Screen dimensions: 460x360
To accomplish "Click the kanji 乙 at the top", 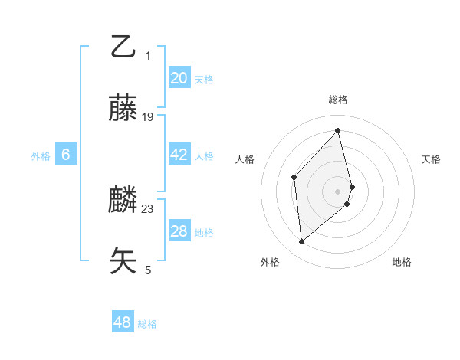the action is point(123,47).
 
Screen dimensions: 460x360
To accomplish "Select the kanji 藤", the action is point(123,108).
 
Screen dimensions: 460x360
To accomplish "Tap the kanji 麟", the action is point(123,200).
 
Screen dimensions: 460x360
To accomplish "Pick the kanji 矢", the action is point(123,260).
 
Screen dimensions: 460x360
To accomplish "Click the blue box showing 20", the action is point(179,78).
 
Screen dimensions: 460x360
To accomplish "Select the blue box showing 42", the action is point(179,155).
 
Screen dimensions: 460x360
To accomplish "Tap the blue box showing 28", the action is point(179,231).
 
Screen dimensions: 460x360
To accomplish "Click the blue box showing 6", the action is point(66,155).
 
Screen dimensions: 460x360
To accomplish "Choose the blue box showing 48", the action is point(123,322).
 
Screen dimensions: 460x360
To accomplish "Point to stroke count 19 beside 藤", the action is point(148,117).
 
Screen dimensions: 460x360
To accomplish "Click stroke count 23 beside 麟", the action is point(148,208).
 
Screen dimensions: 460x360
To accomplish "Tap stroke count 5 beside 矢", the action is point(148,270).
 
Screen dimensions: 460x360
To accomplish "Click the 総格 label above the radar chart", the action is point(338,100).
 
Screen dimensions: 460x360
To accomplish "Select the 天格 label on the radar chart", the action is point(431,159).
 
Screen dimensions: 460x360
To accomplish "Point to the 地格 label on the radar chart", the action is point(402,262).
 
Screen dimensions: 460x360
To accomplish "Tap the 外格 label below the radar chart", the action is point(270,262).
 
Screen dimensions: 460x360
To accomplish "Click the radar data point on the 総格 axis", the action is point(338,130).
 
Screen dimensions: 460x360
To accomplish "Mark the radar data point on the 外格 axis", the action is point(302,242).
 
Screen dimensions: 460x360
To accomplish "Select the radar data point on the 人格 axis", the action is point(294,177).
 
